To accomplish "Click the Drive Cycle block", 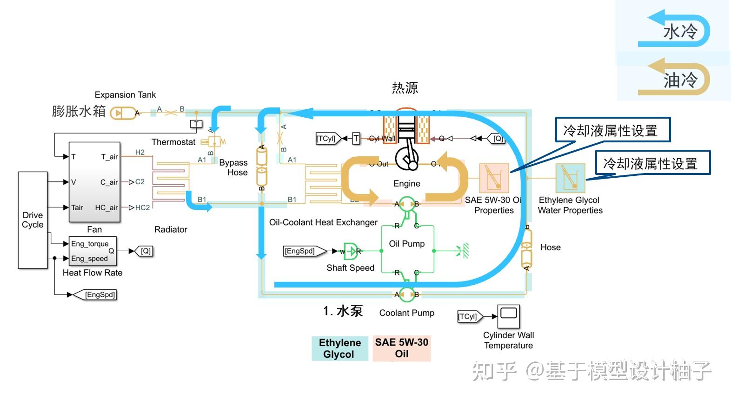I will point(33,220).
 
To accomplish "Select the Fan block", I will point(94,182).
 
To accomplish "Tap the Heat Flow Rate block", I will point(93,251).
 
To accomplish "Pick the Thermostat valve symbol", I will point(214,141).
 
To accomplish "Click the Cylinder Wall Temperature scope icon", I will point(508,316).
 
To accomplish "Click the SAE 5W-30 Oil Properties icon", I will point(494,178).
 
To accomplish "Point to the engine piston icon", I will point(407,144).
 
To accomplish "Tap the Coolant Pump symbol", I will point(407,294).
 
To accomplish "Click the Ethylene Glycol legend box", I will point(339,348).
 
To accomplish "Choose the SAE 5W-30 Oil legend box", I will point(401,348).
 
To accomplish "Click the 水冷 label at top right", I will point(680,32).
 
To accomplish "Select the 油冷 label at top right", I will point(680,80).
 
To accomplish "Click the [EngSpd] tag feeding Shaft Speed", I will point(300,251).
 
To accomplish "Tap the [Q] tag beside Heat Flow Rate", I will point(146,251).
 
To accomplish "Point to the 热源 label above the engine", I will point(405,88).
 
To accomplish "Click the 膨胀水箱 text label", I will point(79,112).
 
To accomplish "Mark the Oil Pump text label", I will point(407,244).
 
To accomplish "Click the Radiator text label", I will point(171,229).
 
